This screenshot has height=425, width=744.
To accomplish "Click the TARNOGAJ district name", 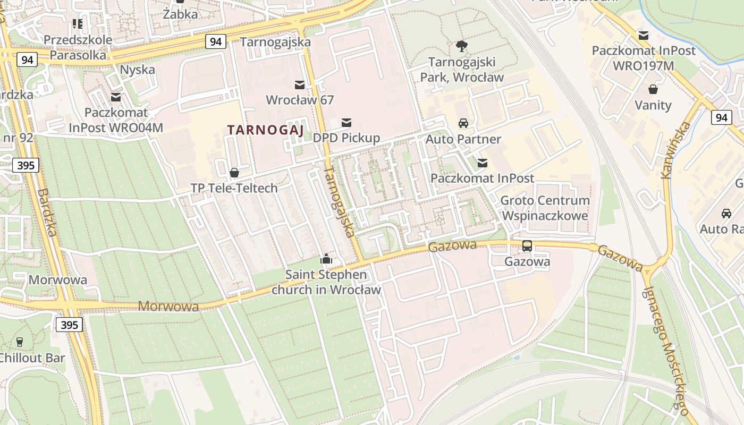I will point(265,130).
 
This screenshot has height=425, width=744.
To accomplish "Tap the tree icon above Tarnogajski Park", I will point(462,46).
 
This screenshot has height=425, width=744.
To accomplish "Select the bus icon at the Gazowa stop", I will point(527,246).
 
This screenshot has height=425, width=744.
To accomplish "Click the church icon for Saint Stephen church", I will point(326,259).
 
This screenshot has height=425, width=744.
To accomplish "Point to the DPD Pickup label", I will point(346,138).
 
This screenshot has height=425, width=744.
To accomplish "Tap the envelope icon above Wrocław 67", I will point(300,84).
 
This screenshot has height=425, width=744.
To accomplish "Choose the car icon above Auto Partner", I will point(463,123).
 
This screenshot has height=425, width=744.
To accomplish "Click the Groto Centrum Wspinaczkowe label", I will point(545,208).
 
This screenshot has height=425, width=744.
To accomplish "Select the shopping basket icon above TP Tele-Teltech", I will point(234,173).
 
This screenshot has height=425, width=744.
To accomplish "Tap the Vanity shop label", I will point(653,105).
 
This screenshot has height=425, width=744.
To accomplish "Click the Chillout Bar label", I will point(32,358).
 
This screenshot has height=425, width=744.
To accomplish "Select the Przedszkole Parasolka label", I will point(78,47).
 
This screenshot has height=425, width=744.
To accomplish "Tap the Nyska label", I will point(138,70).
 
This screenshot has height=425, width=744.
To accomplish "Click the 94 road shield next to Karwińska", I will point(721,117).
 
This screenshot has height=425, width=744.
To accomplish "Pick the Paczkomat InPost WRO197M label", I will point(644,58).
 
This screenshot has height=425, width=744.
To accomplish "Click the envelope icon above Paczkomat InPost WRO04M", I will point(116,97).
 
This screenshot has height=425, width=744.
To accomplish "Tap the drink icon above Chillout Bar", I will point(20,342).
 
